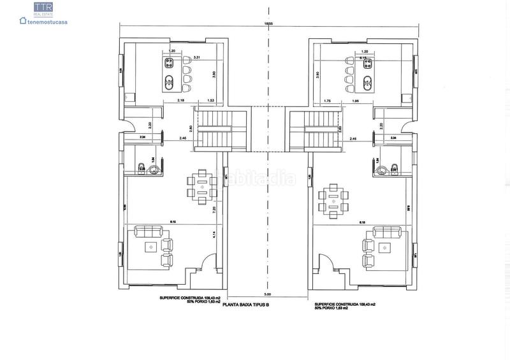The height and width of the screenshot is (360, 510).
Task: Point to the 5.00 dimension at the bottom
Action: [x=268, y=294]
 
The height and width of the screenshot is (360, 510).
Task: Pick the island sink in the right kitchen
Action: [x=367, y=81]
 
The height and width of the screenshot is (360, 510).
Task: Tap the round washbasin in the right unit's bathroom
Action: [x=382, y=169]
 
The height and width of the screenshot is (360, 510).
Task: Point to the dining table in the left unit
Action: [x=202, y=187]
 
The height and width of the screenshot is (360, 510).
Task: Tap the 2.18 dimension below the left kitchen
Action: [x=164, y=101]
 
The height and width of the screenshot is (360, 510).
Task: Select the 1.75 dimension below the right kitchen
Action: [x=327, y=101]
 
